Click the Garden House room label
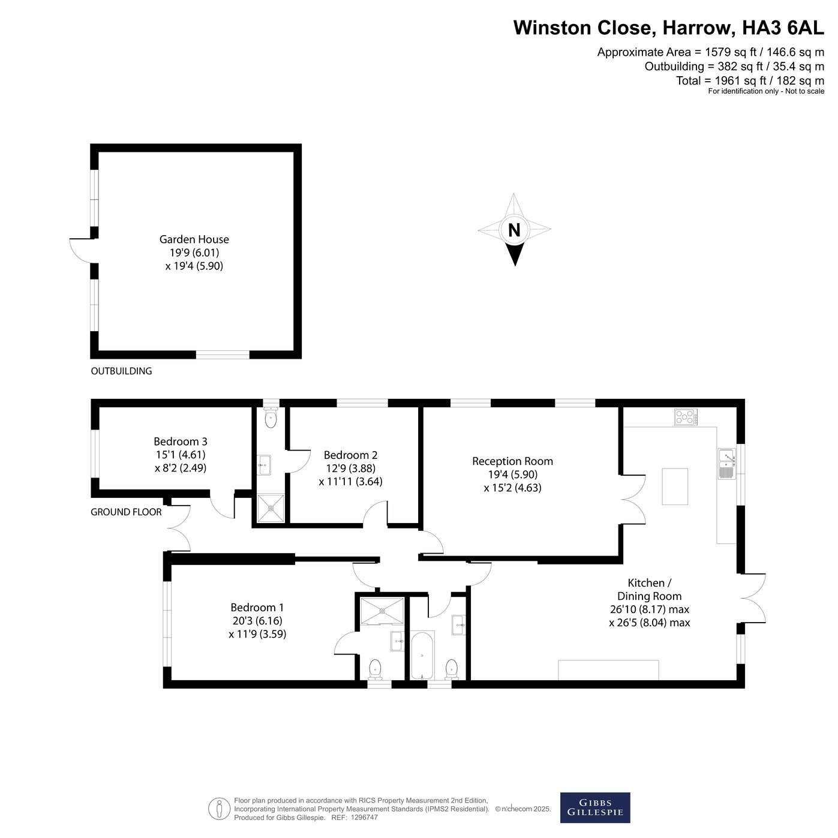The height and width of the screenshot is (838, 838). tap(194, 239)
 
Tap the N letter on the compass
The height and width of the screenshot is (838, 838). tap(514, 230)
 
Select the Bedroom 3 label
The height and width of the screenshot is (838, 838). tap(181, 441)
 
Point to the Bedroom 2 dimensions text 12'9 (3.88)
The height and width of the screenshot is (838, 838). tap(350, 468)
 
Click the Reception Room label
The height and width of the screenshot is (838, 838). tap(512, 461)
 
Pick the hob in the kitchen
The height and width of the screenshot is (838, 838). tap(686, 417)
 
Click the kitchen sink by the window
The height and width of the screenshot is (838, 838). tap(726, 464)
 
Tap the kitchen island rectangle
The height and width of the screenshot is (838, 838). tap(675, 486)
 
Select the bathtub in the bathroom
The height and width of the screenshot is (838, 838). tap(422, 656)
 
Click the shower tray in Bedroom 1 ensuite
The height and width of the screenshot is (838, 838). tap(382, 611)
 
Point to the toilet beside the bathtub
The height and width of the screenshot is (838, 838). tap(452, 669)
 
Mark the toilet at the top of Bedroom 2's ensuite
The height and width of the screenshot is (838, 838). tap(271, 418)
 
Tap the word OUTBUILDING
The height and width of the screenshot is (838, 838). tap(121, 371)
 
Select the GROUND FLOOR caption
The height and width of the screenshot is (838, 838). tap(126, 512)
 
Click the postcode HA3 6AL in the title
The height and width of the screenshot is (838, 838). tap(783, 28)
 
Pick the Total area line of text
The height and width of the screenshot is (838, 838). tap(750, 80)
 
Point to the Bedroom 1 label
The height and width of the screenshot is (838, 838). tap(257, 607)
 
